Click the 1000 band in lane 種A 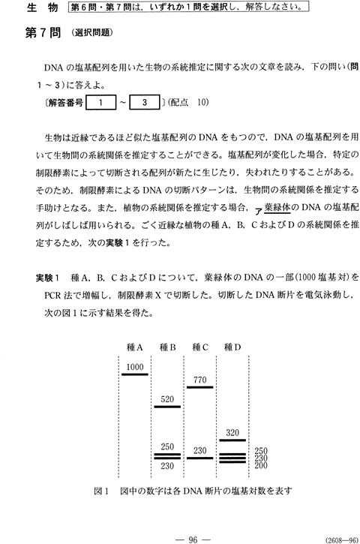click(135, 374)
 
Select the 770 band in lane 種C click(200, 387)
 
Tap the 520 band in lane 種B click(167, 406)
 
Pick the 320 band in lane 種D click(232, 440)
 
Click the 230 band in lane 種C click(200, 458)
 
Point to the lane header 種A click(135, 347)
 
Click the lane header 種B click(167, 347)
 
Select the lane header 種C click(200, 347)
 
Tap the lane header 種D click(232, 347)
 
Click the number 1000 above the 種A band click(135, 367)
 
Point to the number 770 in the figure click(200, 380)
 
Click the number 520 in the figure click(167, 399)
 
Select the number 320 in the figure click(232, 433)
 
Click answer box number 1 click(101, 102)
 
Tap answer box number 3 click(145, 102)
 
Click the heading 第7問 click(43, 33)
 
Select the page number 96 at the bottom click(193, 539)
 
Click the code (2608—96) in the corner click(341, 540)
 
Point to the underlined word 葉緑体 click(277, 207)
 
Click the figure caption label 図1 click(101, 491)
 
